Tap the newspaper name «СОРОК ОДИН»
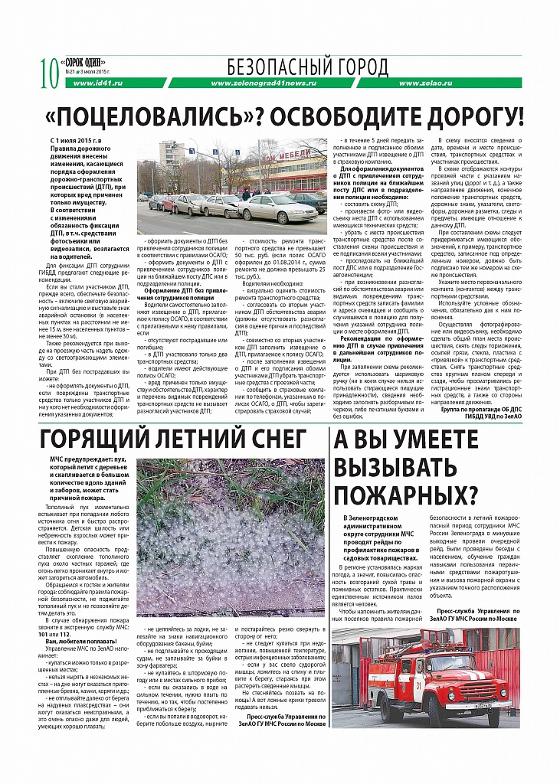82,62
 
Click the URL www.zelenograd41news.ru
262,83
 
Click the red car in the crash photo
170,202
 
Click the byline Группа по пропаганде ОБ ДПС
480,410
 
